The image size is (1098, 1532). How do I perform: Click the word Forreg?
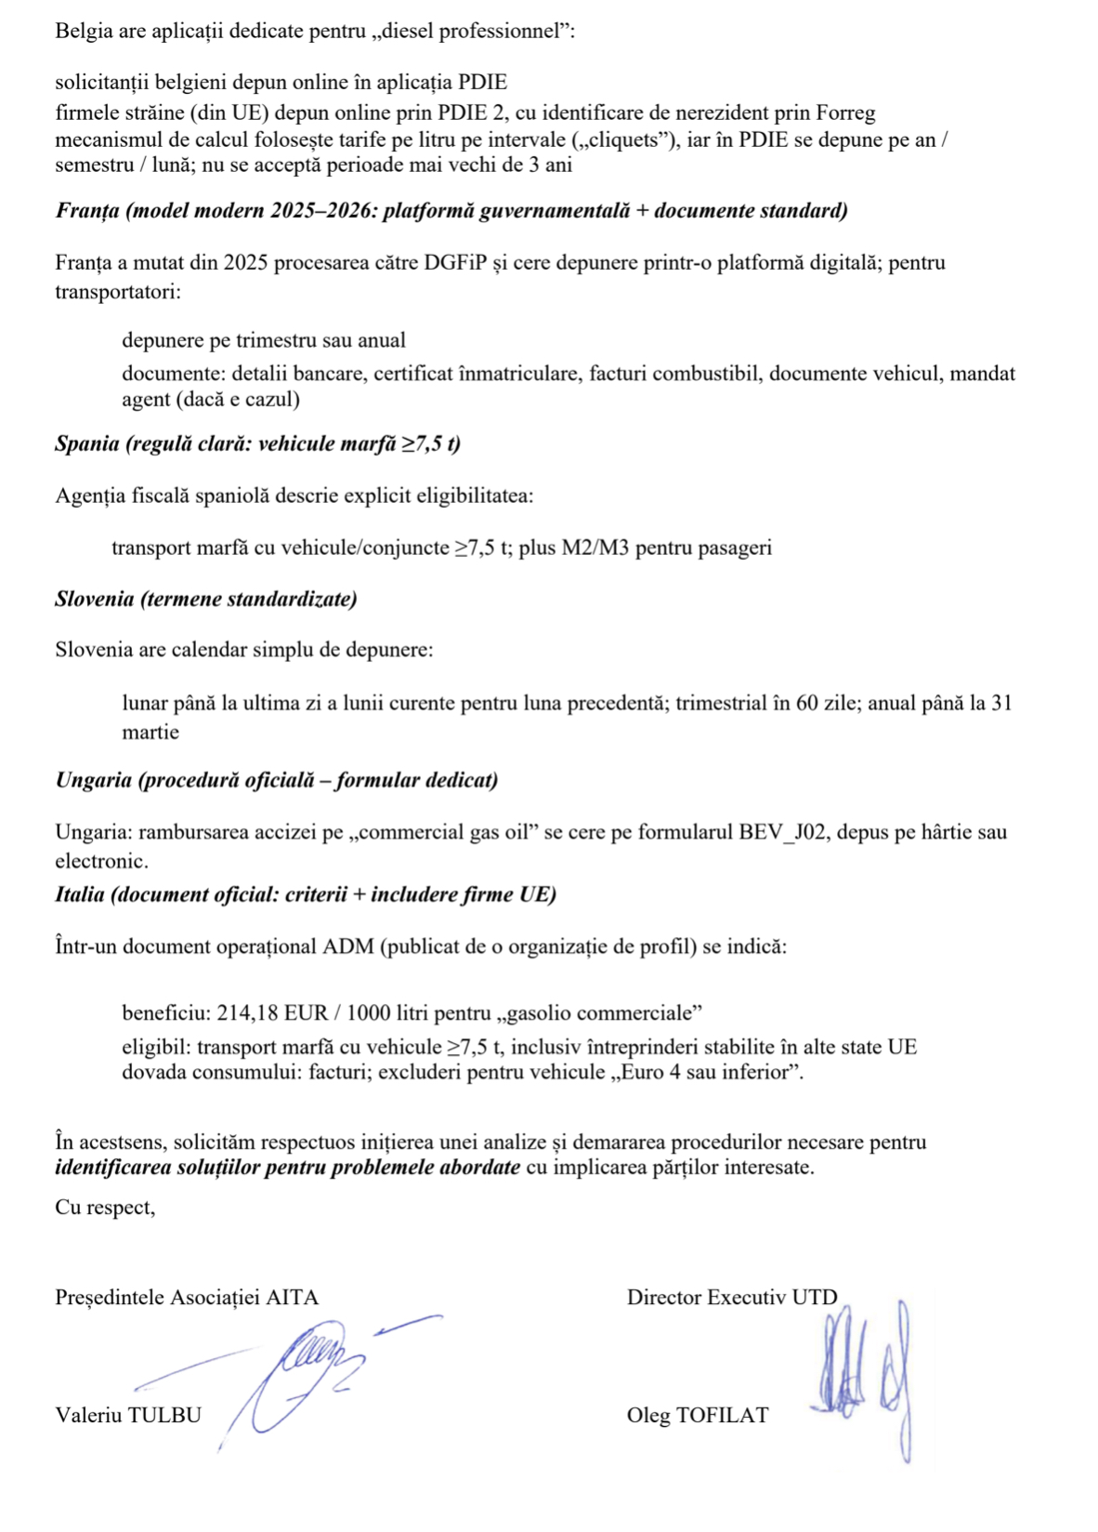coord(844,113)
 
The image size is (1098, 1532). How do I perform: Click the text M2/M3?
coord(595,548)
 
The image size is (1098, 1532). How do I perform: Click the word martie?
coord(150,733)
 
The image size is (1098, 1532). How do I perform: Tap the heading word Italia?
coord(80,894)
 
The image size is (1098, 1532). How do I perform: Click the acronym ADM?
coord(347,947)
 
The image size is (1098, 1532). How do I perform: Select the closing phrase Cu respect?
coord(104,1208)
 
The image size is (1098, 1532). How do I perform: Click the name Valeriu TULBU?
coord(128,1416)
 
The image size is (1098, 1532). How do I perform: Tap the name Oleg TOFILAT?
coord(698,1416)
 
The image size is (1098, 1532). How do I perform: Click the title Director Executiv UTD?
coord(732,1298)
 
